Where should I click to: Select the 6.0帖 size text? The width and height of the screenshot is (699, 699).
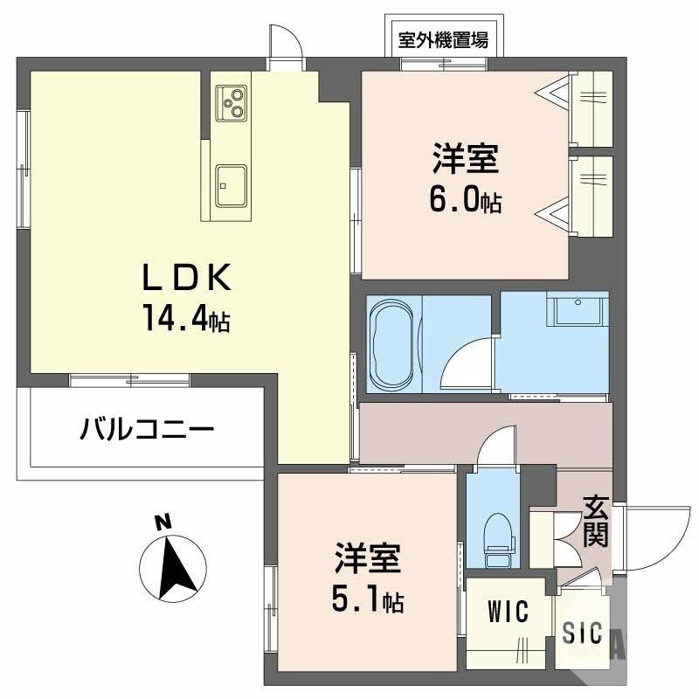(x=464, y=201)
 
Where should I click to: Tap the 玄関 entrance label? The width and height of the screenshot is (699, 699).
(x=596, y=521)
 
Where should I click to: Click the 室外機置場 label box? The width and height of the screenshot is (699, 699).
(x=443, y=39)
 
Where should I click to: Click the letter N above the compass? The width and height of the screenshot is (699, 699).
(x=162, y=524)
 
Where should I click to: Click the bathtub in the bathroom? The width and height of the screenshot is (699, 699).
(x=394, y=343)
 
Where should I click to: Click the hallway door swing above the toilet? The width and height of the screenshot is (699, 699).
(x=495, y=446)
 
